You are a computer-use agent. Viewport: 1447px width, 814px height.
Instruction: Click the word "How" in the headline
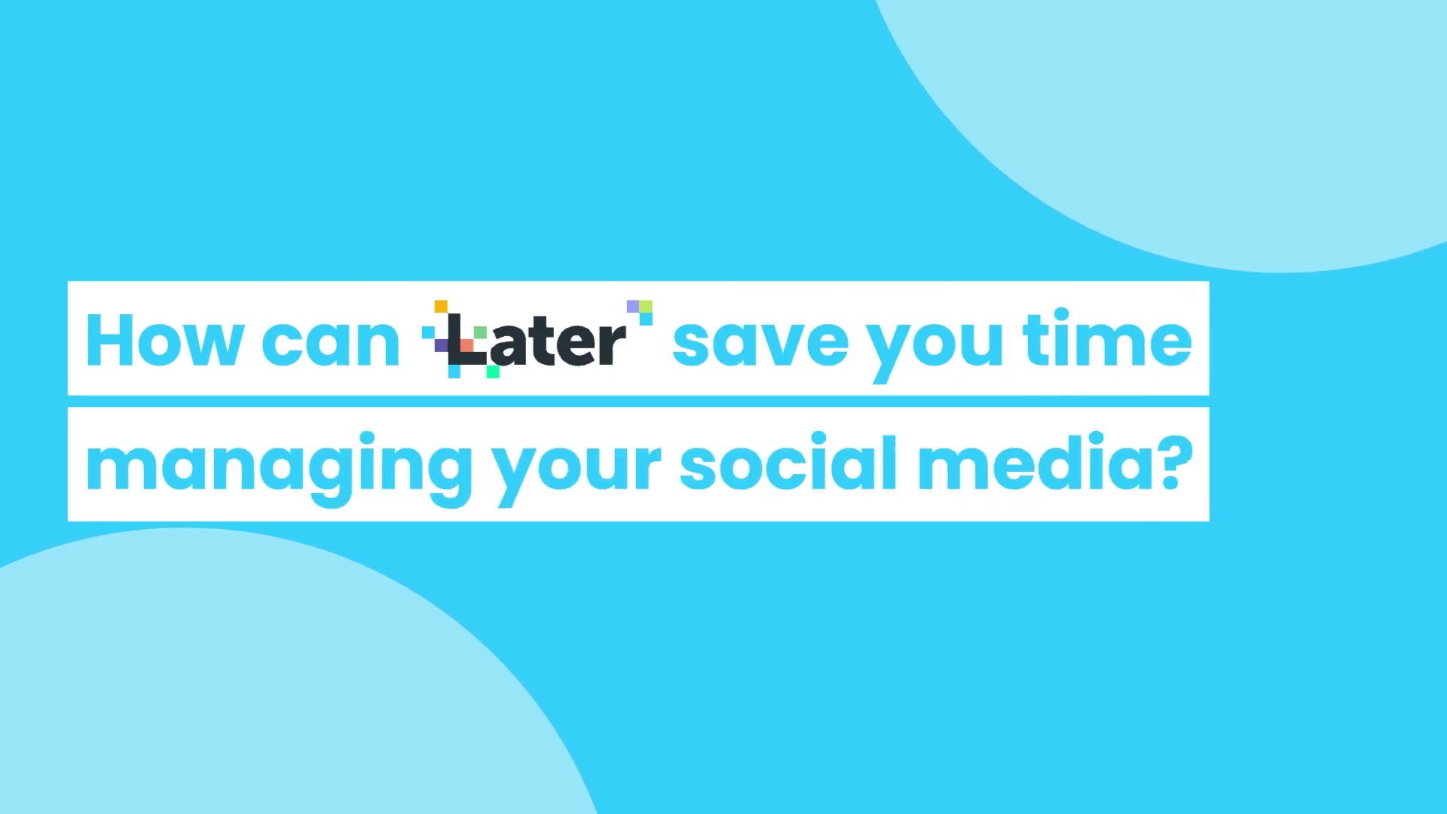(x=165, y=341)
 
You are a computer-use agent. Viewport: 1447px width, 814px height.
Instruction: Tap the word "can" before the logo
(x=330, y=346)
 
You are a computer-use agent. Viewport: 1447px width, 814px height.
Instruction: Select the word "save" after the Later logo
(x=760, y=346)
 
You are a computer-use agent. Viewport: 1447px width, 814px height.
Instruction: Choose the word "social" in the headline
(x=788, y=461)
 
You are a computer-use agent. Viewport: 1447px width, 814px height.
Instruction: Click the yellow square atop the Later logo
(x=441, y=306)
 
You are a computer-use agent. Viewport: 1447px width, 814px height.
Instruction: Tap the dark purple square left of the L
(x=441, y=345)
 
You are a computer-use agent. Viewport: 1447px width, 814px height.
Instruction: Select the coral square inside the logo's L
(x=467, y=345)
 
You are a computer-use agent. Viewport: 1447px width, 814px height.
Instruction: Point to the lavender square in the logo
(x=633, y=306)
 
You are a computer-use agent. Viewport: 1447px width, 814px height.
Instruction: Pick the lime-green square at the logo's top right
(x=646, y=306)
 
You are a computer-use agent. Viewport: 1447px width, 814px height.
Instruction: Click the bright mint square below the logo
(x=493, y=371)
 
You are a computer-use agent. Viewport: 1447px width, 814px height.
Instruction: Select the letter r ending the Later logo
(x=611, y=346)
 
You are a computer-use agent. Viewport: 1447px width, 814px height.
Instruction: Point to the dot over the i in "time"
(x=1061, y=314)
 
